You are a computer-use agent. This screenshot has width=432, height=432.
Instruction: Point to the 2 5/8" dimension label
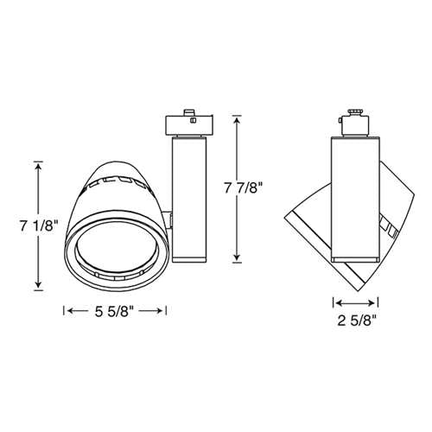pyautogui.click(x=355, y=324)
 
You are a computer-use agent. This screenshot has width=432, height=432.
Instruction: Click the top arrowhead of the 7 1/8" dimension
pyautogui.click(x=38, y=164)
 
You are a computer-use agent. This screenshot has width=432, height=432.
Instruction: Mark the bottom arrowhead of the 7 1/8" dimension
pyautogui.click(x=38, y=287)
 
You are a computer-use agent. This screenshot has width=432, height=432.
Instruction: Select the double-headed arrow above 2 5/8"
pyautogui.click(x=355, y=303)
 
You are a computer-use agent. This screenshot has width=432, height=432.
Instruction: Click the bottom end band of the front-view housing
pyautogui.click(x=190, y=257)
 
